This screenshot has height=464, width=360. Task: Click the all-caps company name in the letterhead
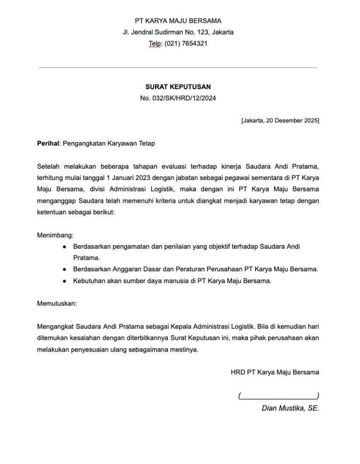[x=178, y=21]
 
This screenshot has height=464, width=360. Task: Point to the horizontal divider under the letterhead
[x=178, y=67]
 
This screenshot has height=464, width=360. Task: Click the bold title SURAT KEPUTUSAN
[x=178, y=87]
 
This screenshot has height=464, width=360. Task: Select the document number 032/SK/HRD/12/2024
[x=184, y=98]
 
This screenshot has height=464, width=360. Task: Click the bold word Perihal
[x=48, y=143]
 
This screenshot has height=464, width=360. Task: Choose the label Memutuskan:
[x=57, y=303]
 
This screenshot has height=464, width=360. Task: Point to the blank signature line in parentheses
[x=278, y=396]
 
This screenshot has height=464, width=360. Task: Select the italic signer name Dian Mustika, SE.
[x=290, y=408]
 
